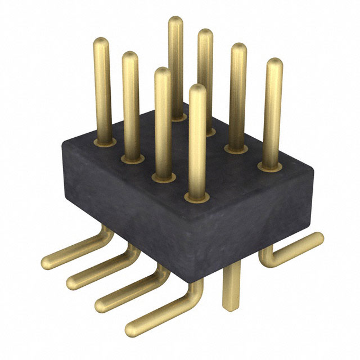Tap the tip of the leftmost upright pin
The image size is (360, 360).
[102, 42]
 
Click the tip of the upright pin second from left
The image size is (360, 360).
[130, 56]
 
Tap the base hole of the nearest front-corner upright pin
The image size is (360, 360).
[196, 197]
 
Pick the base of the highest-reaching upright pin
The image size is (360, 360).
[177, 116]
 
